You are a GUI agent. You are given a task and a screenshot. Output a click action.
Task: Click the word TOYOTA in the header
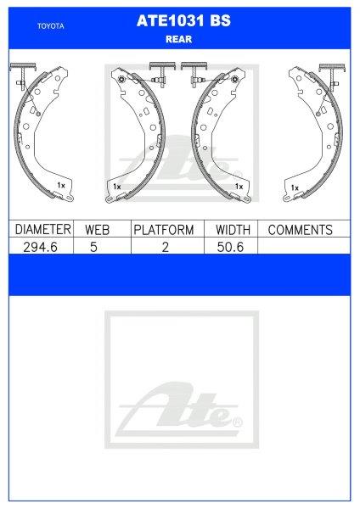pos(49,25)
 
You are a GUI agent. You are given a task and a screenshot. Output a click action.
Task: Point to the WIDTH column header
pos(232,229)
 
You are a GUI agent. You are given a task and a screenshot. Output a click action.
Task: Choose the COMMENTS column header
pos(300,229)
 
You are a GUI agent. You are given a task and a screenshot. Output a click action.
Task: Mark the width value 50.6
pos(232,246)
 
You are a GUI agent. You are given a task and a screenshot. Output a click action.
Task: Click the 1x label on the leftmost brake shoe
pos(60,184)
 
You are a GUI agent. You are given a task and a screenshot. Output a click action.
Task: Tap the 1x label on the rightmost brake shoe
pos(295,185)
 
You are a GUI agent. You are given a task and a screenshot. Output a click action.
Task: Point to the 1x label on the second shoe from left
pos(118,185)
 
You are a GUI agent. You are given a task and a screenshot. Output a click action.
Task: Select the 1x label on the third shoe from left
pos(239,184)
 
